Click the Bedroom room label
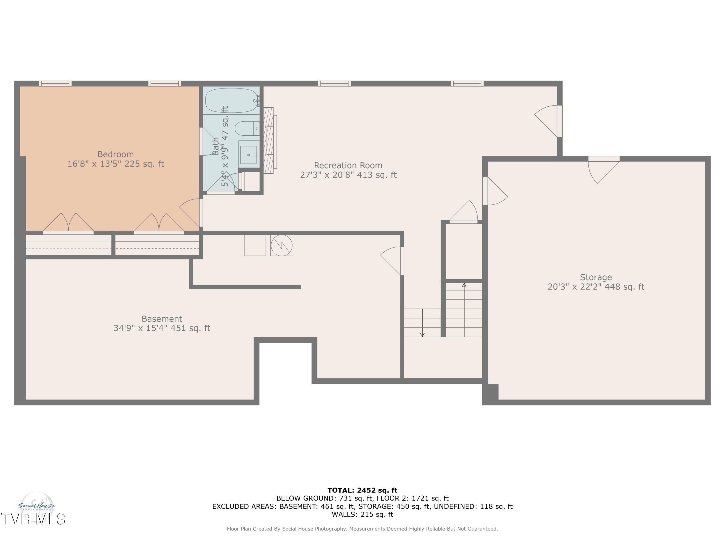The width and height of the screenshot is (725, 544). point(115,154)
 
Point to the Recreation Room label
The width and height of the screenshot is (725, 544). point(348,165)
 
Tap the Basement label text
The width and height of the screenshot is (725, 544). point(162,319)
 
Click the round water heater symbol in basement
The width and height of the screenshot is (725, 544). point(282,245)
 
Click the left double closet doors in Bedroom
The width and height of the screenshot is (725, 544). point(68,224)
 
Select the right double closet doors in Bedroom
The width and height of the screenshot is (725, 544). point(159,224)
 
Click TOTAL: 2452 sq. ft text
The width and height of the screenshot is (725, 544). point(362,490)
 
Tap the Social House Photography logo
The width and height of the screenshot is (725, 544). point(37,507)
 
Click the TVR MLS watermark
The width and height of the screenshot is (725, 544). point(33,519)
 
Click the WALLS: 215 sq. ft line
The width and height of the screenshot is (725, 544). point(362,514)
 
